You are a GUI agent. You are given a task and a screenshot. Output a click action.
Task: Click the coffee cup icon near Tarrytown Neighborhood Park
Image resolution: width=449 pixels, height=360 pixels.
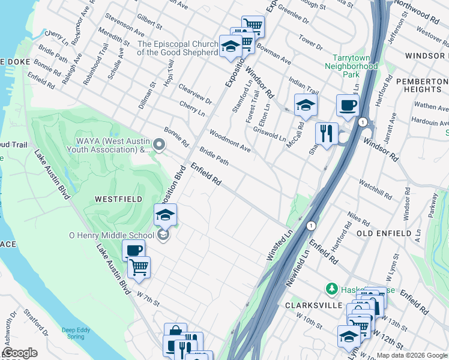[348, 106]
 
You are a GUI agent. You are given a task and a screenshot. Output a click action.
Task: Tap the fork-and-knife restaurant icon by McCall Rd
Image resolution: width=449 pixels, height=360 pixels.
[327, 133]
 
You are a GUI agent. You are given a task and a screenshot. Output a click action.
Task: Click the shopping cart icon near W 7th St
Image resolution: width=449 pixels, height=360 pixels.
[139, 266]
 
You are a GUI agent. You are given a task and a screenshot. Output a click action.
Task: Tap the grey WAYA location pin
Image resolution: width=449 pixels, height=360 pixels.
[159, 144]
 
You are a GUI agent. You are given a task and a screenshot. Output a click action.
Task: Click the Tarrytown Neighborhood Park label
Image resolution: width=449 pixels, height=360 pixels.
[351, 67]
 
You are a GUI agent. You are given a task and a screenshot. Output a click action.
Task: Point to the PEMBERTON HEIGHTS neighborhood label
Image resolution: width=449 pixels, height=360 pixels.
[419, 85]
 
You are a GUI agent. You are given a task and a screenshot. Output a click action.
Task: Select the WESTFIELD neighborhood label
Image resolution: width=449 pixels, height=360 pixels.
[118, 199]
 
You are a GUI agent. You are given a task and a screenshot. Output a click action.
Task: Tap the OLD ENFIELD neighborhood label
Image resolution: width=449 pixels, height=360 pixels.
[384, 233]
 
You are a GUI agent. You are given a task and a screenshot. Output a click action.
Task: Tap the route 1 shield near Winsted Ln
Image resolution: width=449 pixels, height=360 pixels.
[310, 226]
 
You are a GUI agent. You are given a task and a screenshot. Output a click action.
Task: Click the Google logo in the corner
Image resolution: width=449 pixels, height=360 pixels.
[20, 353]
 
